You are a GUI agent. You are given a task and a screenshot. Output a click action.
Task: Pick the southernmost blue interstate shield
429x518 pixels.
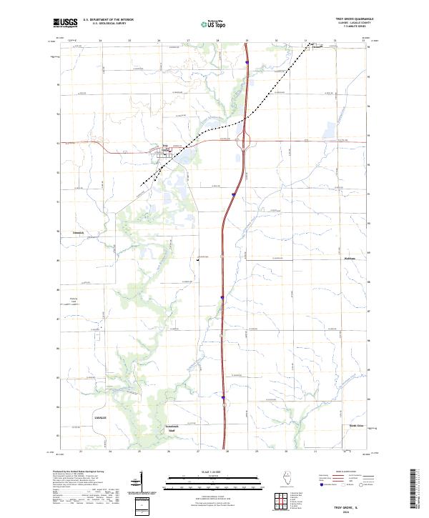pyautogui.click(x=223, y=398)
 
